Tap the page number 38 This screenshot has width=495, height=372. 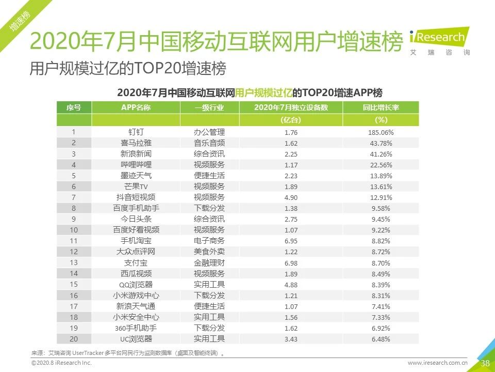[485, 363]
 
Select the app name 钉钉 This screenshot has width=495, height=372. [136, 132]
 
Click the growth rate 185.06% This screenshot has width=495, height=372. [381, 132]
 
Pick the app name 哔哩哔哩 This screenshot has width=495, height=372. [136, 165]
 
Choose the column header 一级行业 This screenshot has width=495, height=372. [209, 107]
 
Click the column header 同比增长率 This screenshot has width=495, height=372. [381, 107]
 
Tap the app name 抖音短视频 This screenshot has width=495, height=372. [136, 197]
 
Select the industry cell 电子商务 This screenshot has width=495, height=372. [209, 241]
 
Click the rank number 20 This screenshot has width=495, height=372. [74, 339]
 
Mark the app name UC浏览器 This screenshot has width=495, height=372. [136, 339]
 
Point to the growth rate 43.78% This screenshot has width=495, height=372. [381, 143]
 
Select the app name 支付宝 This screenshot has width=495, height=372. [136, 262]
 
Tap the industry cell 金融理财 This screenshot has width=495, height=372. [209, 262]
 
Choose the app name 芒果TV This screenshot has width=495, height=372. [136, 187]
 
